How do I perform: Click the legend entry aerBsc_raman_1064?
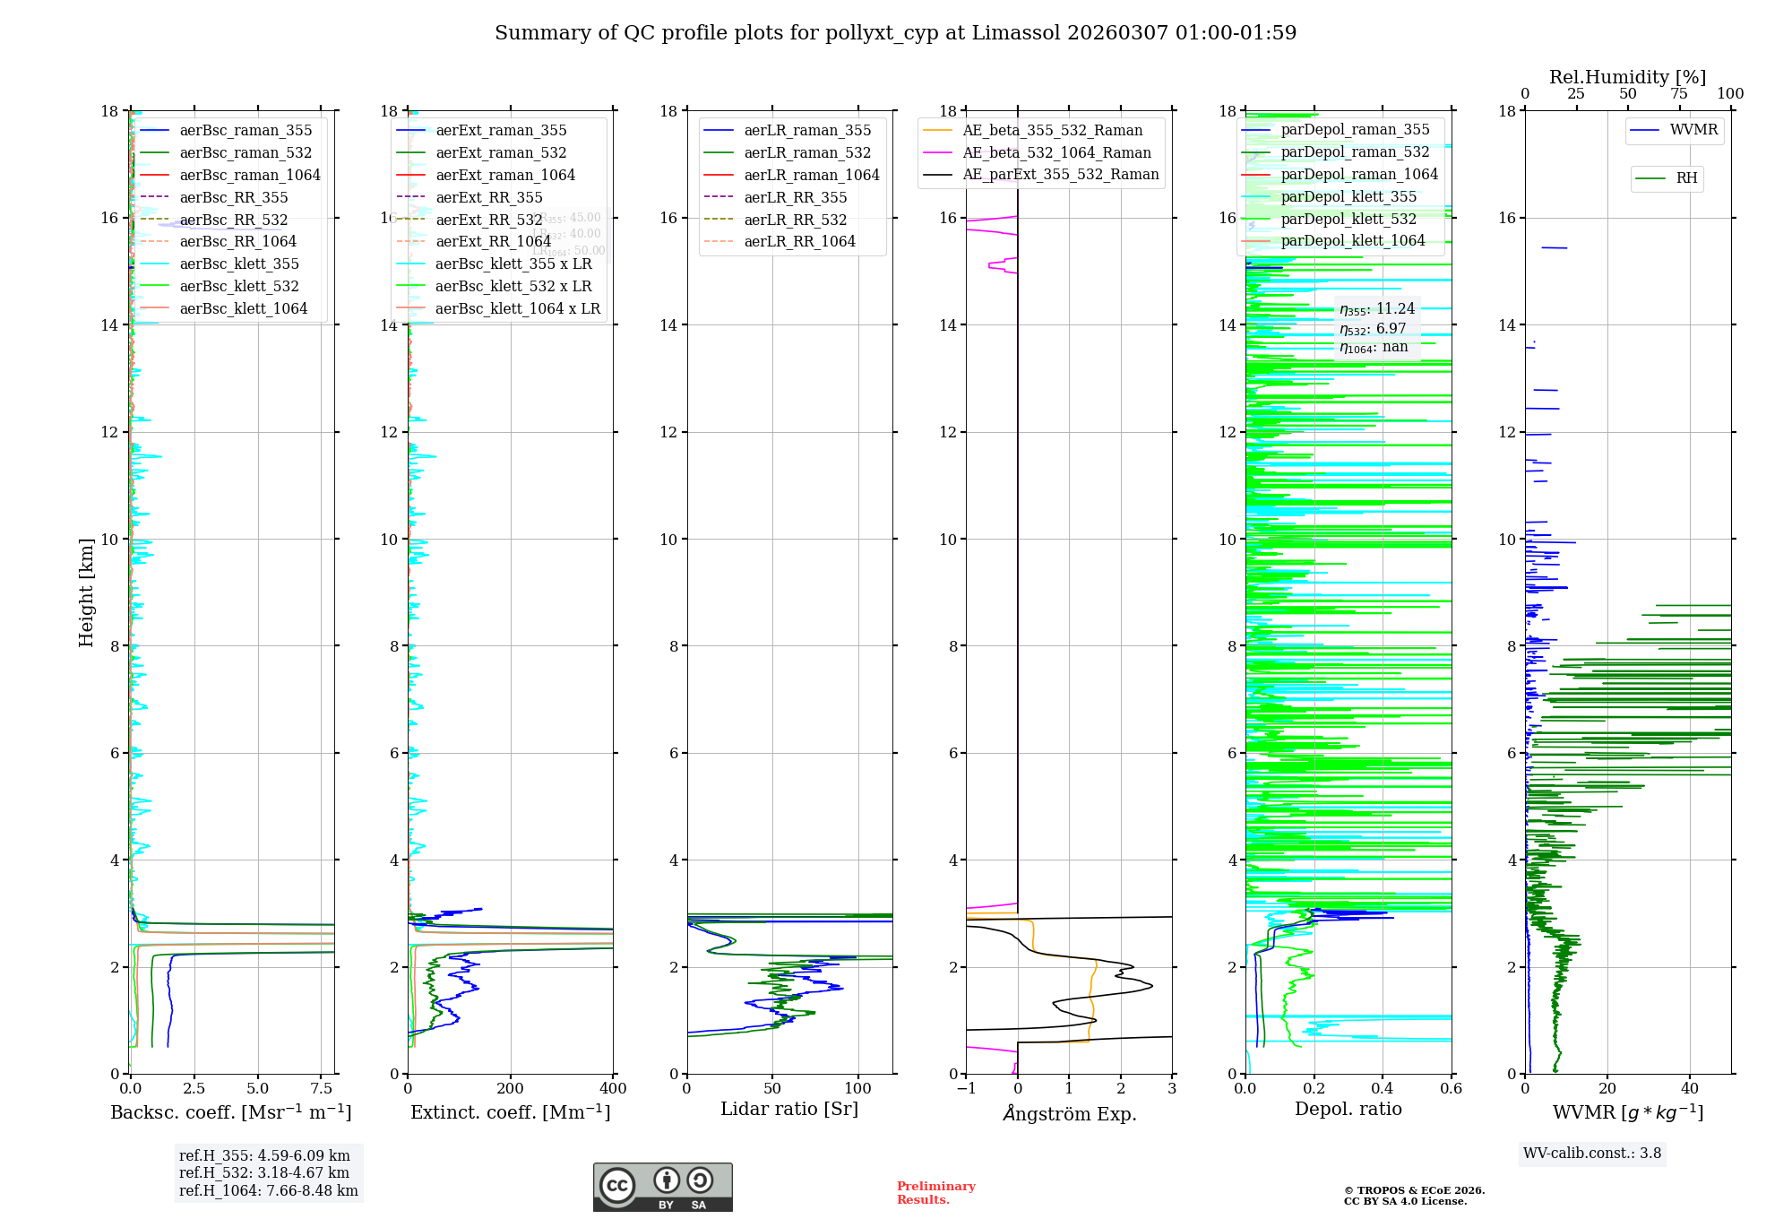coord(249,175)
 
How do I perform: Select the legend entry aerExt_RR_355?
coord(488,197)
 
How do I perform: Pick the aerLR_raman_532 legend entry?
coord(807,152)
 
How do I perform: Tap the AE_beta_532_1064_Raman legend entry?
coord(1056,152)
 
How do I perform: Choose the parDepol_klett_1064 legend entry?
coord(1352,240)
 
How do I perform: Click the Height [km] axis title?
coord(86,592)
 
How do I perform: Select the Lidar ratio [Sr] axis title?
coord(789,1109)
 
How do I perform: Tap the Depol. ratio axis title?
coord(1348,1109)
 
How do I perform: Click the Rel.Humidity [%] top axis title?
coord(1627,77)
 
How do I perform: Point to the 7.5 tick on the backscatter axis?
coord(322,1089)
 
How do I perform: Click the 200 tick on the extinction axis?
coord(511,1089)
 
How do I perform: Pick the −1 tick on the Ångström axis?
coord(966,1089)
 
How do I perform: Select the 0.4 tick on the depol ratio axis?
coord(1383,1089)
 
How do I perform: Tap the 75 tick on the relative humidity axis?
coord(1679,93)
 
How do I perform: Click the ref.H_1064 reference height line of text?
coord(268,1191)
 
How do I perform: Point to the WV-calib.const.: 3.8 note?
coord(1592,1154)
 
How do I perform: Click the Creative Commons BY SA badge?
coord(662,1188)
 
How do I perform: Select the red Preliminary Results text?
coord(935,1193)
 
